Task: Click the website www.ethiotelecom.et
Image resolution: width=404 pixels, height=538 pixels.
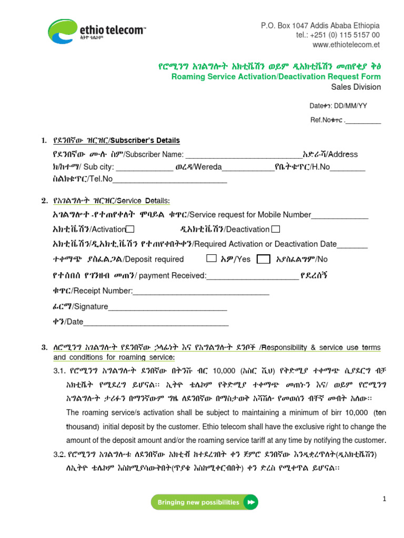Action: pyautogui.click(x=346, y=45)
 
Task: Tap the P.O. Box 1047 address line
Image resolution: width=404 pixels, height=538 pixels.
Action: pyautogui.click(x=320, y=26)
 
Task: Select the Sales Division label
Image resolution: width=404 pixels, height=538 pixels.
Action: pyautogui.click(x=356, y=87)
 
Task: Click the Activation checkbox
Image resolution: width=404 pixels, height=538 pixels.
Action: pyautogui.click(x=130, y=229)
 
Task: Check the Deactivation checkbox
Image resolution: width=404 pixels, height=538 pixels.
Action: pyautogui.click(x=276, y=229)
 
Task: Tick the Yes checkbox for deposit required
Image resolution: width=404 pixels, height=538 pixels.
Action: pyautogui.click(x=211, y=258)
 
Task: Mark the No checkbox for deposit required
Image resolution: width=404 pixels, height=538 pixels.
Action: pyautogui.click(x=264, y=259)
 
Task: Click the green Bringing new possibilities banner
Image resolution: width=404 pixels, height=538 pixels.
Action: pyautogui.click(x=205, y=502)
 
